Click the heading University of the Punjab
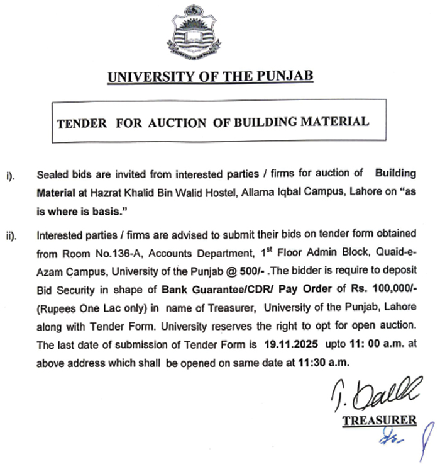[x=210, y=77]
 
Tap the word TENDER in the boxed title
[x=82, y=122]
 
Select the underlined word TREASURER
[x=379, y=420]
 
